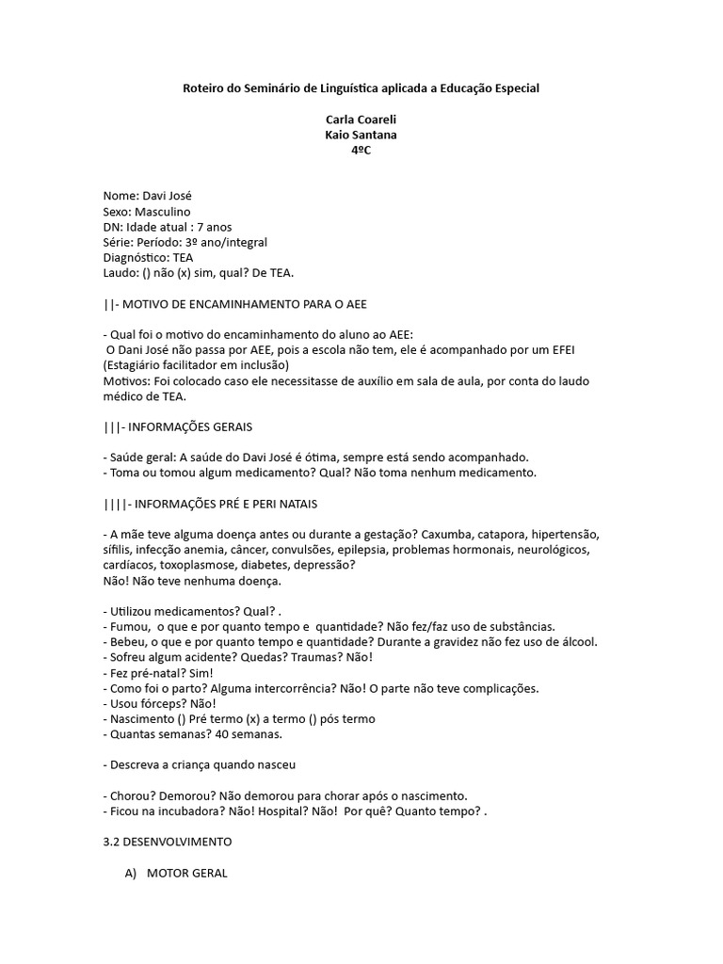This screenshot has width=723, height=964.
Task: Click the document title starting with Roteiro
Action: tap(361, 88)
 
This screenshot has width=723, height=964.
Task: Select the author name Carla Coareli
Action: tap(361, 120)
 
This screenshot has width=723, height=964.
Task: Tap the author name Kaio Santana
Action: tap(361, 135)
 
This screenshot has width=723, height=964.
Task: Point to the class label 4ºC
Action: tap(361, 151)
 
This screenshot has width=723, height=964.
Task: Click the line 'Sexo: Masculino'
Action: tap(147, 212)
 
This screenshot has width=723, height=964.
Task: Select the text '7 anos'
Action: tap(215, 227)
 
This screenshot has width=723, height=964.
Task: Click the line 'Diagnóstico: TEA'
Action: tap(149, 257)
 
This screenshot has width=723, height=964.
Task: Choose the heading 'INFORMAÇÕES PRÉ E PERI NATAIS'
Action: tap(230, 503)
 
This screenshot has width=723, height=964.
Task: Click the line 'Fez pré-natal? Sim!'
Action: tap(158, 672)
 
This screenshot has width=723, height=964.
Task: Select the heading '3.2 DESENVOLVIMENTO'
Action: tap(168, 840)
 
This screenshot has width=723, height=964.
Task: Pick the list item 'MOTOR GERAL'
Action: tap(186, 873)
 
